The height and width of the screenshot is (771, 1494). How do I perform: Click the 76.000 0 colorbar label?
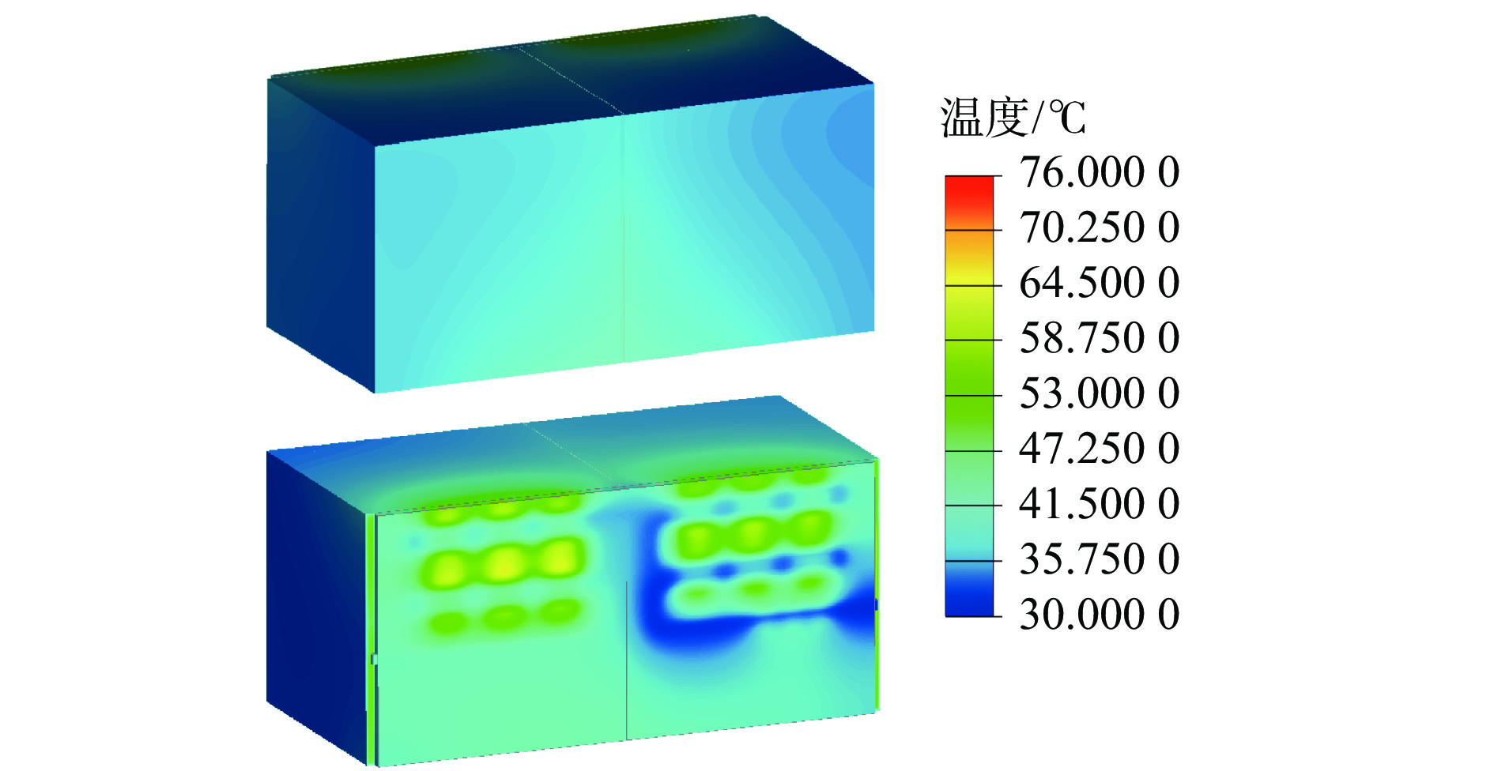pyautogui.click(x=1099, y=172)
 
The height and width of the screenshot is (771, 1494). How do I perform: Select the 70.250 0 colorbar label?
pyautogui.click(x=1099, y=228)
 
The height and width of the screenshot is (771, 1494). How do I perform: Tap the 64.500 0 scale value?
pyautogui.click(x=1099, y=283)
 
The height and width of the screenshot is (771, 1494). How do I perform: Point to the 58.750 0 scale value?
pyautogui.click(x=1099, y=338)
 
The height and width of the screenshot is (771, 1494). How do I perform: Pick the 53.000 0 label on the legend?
pyautogui.click(x=1099, y=393)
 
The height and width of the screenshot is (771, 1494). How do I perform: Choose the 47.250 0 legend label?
pyautogui.click(x=1099, y=449)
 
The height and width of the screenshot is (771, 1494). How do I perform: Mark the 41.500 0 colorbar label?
pyautogui.click(x=1099, y=504)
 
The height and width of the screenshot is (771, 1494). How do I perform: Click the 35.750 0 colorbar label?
pyautogui.click(x=1099, y=559)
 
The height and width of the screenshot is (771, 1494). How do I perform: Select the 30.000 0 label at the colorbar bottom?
pyautogui.click(x=1099, y=615)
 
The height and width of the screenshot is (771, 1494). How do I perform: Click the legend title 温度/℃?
pyautogui.click(x=1013, y=118)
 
